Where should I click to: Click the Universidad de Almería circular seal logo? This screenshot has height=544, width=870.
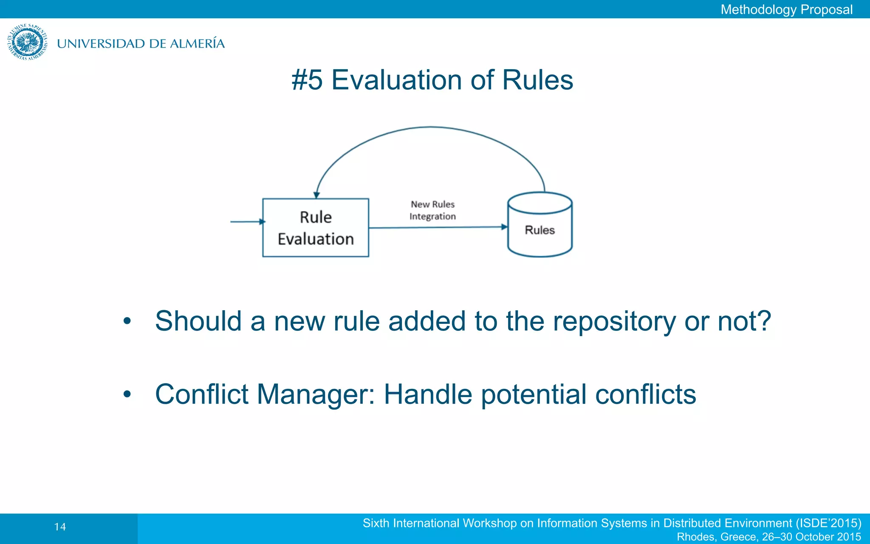point(27,42)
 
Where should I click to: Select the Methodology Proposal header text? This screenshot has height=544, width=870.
point(786,9)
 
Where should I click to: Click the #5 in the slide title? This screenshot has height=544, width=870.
point(307,80)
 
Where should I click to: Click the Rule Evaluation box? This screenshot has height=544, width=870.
point(316,228)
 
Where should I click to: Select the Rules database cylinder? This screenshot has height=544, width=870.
point(540,225)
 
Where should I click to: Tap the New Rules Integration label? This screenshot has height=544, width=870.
point(432,210)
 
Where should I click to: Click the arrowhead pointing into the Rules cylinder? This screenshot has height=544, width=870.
point(504,227)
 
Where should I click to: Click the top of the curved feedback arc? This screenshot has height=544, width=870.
point(430,127)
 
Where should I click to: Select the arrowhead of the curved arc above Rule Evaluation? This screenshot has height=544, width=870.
point(316,195)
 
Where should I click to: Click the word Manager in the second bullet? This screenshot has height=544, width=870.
point(316,394)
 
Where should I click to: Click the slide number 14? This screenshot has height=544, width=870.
point(60,527)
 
